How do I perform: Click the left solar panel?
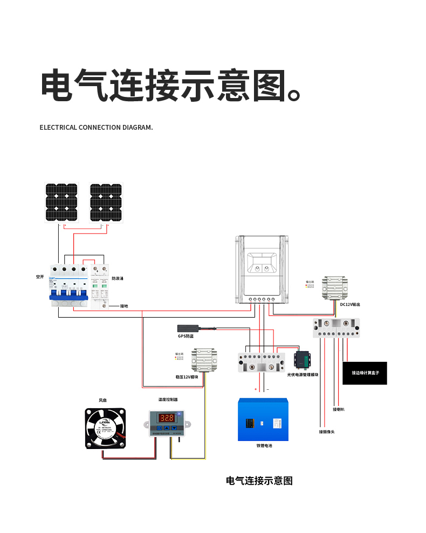tap(61, 202)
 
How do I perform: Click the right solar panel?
tap(106, 202)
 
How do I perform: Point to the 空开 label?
tap(40, 277)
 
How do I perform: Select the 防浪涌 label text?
tap(118, 279)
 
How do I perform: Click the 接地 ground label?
tap(125, 306)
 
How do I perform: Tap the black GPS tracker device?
tap(189, 328)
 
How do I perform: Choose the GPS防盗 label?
tap(185, 336)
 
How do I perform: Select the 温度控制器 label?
tap(168, 400)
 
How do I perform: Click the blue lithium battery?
tap(263, 419)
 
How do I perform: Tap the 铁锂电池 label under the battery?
tap(264, 446)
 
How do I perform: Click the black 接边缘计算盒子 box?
tap(365, 373)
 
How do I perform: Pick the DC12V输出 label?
tap(350, 305)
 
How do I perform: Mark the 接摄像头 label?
tap(327, 432)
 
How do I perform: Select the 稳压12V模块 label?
tap(187, 377)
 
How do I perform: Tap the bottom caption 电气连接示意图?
tap(259, 481)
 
